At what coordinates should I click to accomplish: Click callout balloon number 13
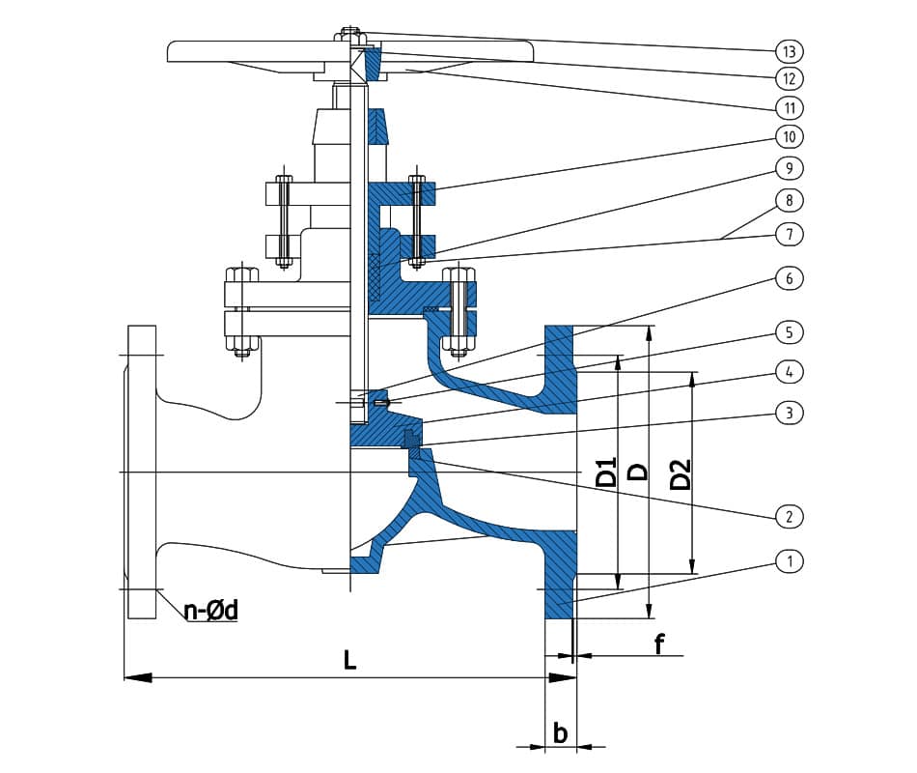tap(789, 49)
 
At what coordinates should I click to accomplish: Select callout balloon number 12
tap(789, 77)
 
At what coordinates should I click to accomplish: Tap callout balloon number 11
tap(789, 106)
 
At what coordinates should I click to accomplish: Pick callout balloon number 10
tap(789, 136)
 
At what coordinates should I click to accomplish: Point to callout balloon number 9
tap(789, 168)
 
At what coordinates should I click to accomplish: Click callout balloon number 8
tap(789, 201)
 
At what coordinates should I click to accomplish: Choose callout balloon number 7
tap(789, 234)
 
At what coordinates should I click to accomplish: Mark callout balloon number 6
tap(789, 278)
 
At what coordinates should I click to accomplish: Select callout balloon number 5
tap(789, 332)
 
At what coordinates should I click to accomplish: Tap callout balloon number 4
tap(789, 371)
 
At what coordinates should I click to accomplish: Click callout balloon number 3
tap(789, 413)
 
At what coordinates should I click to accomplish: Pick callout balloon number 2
tap(789, 516)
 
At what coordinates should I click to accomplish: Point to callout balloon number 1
tap(789, 560)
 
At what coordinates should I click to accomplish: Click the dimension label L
tap(350, 660)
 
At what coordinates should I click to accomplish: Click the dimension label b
tap(560, 732)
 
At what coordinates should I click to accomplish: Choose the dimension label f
tap(659, 643)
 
